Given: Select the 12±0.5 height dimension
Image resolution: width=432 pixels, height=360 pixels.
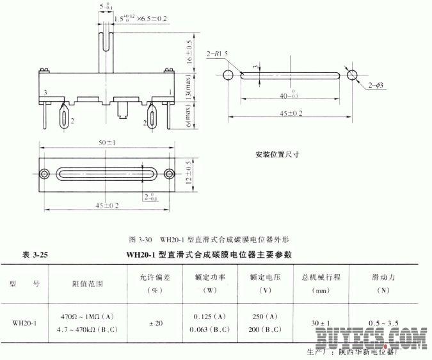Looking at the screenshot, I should click(187, 173).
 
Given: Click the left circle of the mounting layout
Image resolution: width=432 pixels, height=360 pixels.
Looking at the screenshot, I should click(228, 75).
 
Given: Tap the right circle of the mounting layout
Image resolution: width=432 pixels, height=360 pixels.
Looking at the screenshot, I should click(352, 75).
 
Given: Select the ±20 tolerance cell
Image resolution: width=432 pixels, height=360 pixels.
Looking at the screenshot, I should click(156, 323).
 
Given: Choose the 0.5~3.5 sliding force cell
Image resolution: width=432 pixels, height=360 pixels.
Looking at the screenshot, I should click(382, 323).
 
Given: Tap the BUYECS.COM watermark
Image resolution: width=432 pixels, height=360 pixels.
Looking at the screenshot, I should click(370, 337).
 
